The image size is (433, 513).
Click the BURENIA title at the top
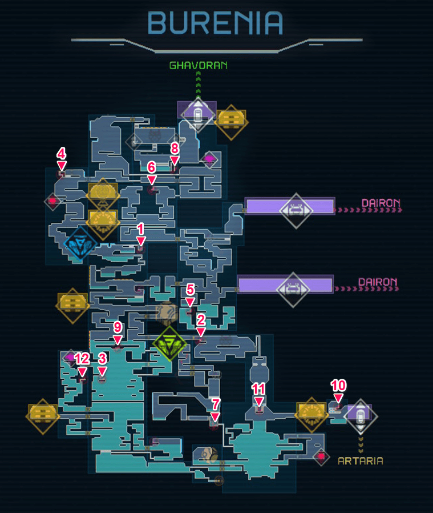[215, 23]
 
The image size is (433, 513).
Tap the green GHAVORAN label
[199, 66]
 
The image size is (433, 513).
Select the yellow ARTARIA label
[361, 461]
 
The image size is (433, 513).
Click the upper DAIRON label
[381, 203]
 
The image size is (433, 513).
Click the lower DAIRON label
[378, 282]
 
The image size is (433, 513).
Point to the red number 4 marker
[62, 159]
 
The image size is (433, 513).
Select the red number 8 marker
[175, 154]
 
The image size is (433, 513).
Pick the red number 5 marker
[190, 295]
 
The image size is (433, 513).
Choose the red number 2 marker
[201, 325]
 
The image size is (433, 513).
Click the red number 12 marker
[82, 364]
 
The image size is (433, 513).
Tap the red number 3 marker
[102, 364]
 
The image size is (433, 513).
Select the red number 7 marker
[215, 410]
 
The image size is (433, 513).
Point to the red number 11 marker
[258, 395]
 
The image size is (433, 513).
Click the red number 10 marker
[338, 391]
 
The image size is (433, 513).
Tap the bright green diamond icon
[169, 344]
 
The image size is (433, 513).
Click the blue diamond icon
[80, 244]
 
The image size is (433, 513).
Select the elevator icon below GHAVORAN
[198, 114]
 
